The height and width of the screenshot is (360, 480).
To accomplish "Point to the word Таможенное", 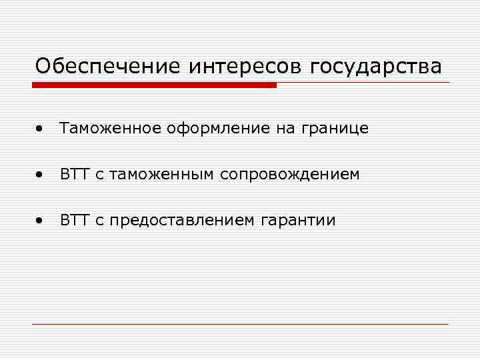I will point(109,129).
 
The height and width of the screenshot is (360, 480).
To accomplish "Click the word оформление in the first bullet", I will point(217,129).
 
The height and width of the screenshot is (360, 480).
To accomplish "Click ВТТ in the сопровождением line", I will point(75,174).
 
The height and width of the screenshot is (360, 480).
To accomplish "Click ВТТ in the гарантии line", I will point(75,219).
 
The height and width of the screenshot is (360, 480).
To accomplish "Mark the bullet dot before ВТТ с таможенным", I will point(41,174).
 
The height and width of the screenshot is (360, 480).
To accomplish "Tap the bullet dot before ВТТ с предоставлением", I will point(41,219).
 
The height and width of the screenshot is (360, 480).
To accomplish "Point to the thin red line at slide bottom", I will point(240,324).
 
